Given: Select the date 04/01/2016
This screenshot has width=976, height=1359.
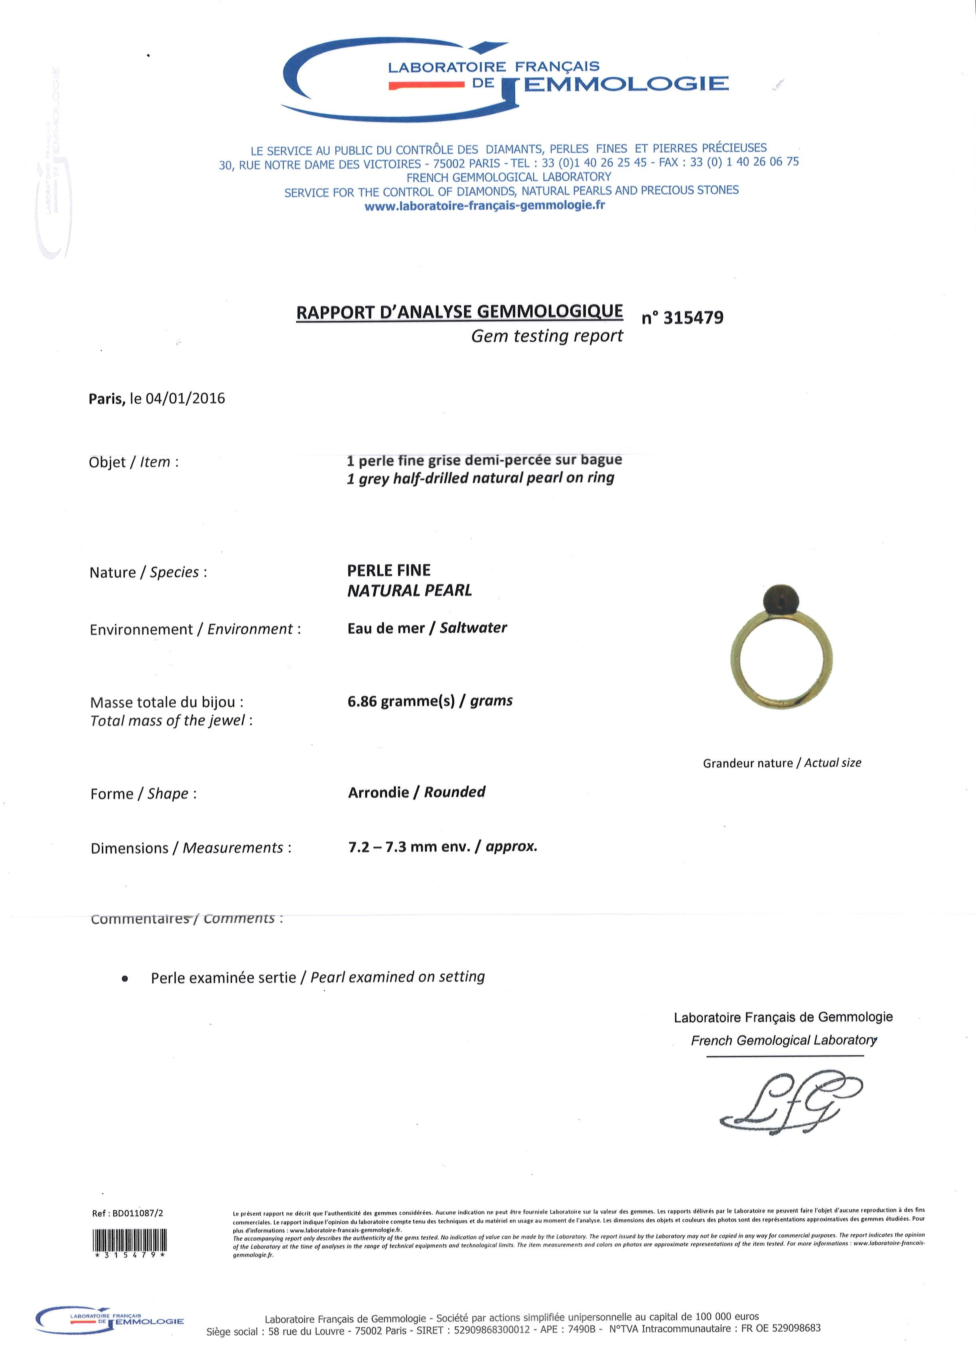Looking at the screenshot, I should [x=186, y=399].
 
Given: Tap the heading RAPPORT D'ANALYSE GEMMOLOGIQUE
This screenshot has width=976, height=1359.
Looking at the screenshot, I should [x=459, y=312].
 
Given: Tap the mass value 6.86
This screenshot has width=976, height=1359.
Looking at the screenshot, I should [x=362, y=701].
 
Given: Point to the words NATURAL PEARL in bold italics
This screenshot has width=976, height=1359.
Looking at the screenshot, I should [x=410, y=590].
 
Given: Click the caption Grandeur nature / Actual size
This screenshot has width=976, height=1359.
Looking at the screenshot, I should [x=782, y=763].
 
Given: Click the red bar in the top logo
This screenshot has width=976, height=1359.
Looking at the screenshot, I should [x=427, y=87].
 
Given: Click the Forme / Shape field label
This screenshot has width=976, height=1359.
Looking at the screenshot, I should [x=143, y=794].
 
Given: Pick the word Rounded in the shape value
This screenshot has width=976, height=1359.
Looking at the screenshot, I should [x=454, y=791].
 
